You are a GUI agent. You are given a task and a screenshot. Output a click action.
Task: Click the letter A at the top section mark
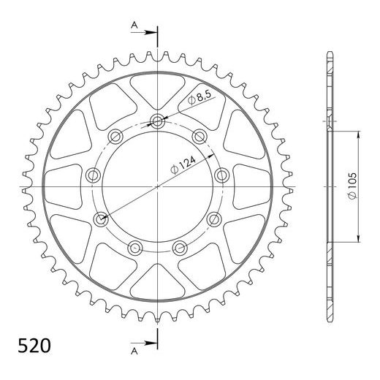coord(134,25)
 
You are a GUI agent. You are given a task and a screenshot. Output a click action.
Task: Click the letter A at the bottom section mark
coord(134,350)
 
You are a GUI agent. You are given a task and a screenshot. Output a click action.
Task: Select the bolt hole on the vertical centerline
coord(158,121)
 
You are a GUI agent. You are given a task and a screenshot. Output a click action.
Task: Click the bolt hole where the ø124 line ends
coord(99,217)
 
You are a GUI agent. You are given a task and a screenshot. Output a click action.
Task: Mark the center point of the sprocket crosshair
coord(158,187)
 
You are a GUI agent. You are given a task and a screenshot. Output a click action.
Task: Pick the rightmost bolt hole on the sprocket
coord(221,175)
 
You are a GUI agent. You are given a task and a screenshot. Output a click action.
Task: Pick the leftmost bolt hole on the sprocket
coord(92,175)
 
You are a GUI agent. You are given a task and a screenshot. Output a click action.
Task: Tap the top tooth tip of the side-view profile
coord(329,54)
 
